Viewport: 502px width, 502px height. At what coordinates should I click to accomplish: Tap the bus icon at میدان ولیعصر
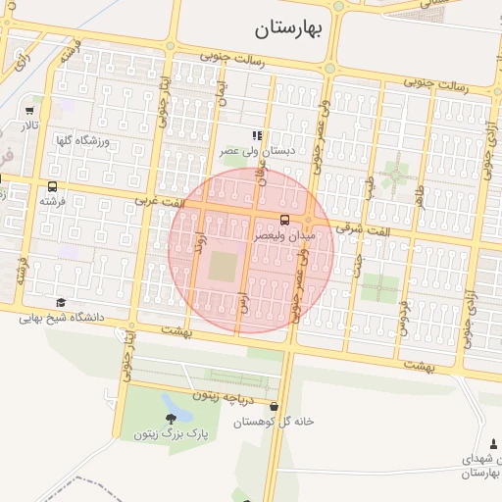[x=285, y=220]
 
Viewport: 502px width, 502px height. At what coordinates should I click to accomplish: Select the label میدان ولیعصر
[x=283, y=236]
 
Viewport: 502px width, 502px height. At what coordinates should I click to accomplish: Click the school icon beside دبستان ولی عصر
[x=256, y=135]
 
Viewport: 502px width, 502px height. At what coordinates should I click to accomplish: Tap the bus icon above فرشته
[x=52, y=186]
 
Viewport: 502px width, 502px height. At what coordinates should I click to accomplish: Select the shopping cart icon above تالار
[x=30, y=111]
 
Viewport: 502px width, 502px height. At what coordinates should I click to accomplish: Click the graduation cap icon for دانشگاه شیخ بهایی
[x=61, y=303]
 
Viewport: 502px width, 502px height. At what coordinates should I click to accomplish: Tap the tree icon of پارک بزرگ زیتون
[x=172, y=419]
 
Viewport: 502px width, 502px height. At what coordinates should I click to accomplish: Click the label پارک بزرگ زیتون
[x=158, y=432]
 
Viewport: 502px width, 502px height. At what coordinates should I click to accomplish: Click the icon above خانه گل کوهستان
[x=273, y=406]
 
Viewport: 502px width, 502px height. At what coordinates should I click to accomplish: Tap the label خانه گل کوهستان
[x=274, y=421]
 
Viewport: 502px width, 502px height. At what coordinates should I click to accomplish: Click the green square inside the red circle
[x=223, y=268]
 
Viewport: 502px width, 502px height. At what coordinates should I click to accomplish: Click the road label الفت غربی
[x=160, y=201]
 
